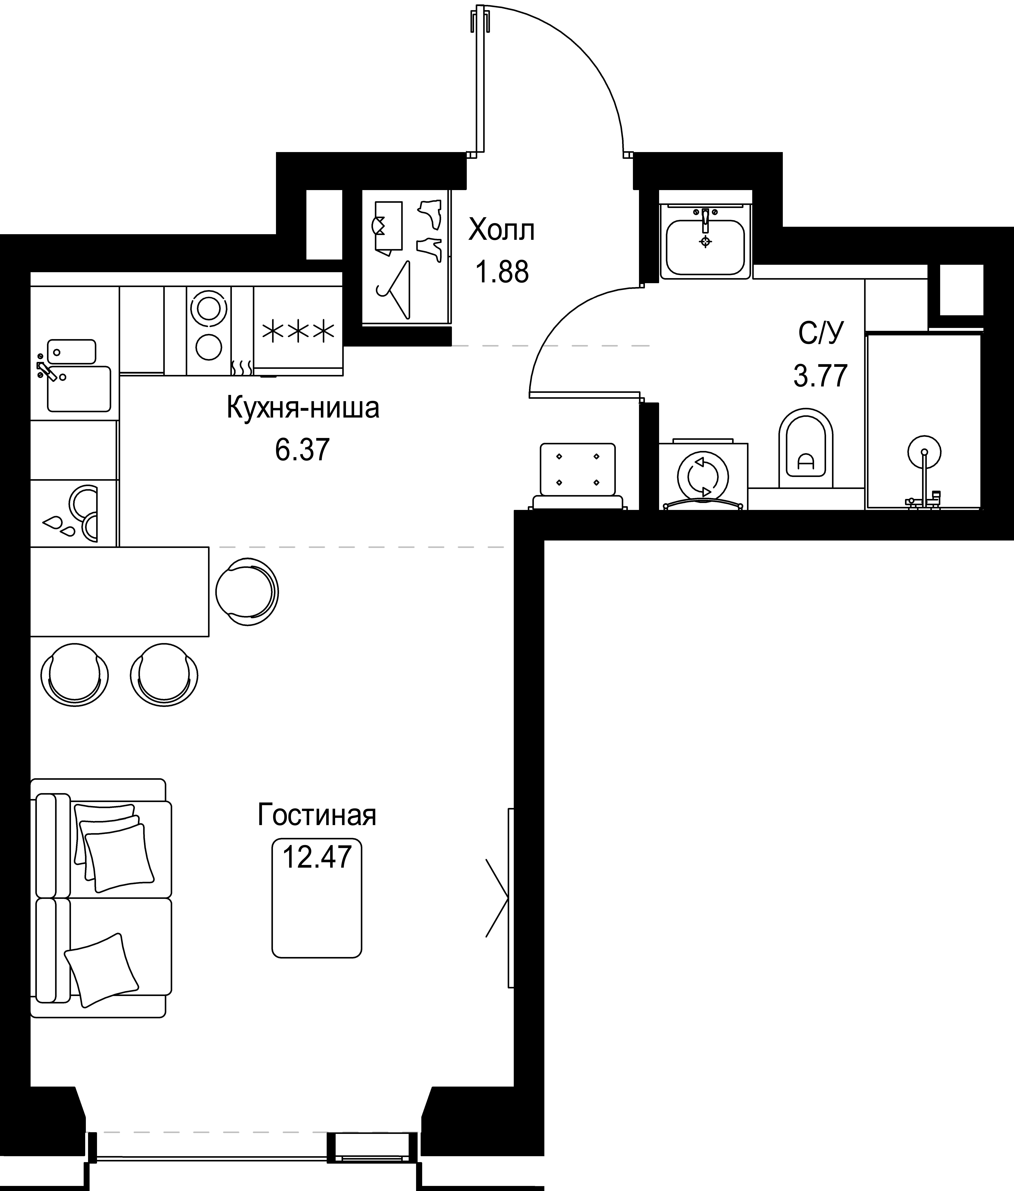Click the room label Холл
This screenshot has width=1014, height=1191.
pos(501,231)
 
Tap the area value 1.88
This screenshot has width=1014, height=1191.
pos(501,272)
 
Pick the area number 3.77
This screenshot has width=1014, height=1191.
pos(820,376)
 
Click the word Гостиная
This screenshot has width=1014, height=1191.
pos(317,815)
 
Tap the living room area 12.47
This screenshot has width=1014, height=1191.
pos(317,857)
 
